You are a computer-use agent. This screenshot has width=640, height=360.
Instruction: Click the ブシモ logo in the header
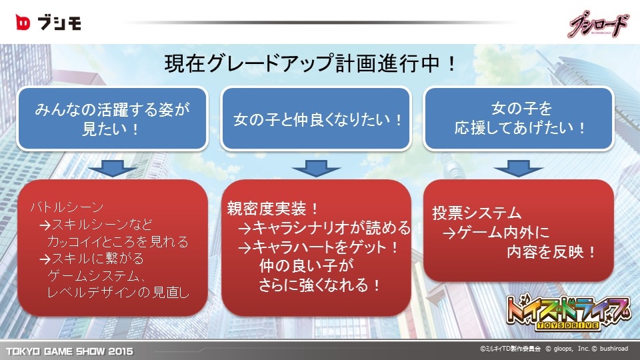(x=48, y=23)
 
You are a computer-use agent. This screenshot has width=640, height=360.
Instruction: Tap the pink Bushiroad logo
(x=599, y=24)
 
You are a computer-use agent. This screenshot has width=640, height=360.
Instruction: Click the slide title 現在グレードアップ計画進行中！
(x=310, y=64)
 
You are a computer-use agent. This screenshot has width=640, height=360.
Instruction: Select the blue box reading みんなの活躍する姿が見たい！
(x=112, y=119)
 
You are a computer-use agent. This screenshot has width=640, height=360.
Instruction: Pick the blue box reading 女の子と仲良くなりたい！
(x=315, y=119)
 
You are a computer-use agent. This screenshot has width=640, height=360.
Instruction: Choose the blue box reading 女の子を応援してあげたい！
(x=519, y=119)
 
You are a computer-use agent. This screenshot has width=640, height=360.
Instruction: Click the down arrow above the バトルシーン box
(x=113, y=168)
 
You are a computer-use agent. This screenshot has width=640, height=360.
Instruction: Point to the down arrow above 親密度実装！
(x=316, y=168)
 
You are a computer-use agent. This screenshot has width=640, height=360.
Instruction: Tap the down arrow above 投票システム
(x=519, y=168)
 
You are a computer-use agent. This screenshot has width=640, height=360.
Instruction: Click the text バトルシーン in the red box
(x=67, y=207)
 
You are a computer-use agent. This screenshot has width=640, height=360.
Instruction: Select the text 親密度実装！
(x=273, y=209)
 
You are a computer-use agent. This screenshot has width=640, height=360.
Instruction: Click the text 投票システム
(x=477, y=213)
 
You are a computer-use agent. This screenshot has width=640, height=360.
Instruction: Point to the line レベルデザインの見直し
(x=118, y=292)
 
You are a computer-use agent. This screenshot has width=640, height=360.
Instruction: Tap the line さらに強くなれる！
(x=320, y=285)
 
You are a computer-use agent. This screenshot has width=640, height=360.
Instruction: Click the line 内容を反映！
(x=552, y=252)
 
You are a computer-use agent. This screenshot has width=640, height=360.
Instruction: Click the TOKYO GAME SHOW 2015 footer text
(x=69, y=351)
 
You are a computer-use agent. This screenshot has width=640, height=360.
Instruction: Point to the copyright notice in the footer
(x=554, y=349)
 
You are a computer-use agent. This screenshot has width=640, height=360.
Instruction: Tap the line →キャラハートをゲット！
(x=318, y=247)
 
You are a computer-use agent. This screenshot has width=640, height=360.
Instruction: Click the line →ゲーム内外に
(x=496, y=232)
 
